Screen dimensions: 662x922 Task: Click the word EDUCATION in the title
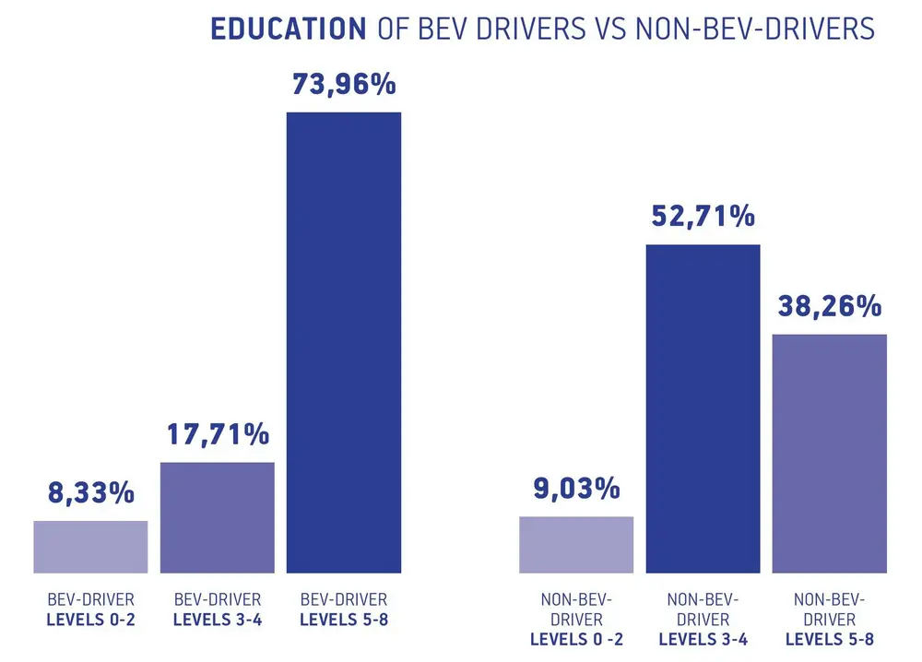(288, 29)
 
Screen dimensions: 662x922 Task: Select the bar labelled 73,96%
(344, 342)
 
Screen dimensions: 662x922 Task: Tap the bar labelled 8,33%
(90, 547)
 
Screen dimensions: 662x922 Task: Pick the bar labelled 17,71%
(218, 517)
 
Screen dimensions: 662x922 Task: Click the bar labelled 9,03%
(576, 545)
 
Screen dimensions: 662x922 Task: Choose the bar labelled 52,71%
(703, 408)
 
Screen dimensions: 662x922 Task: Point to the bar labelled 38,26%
(829, 453)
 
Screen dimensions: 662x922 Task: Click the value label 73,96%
(344, 84)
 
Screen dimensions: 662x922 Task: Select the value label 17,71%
(218, 433)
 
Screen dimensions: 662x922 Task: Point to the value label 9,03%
(576, 488)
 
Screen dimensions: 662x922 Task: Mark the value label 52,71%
(703, 217)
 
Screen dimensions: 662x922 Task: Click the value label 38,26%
(829, 305)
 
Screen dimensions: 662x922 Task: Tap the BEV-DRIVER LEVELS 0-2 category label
(90, 609)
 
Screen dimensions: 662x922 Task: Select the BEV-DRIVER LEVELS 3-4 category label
(218, 609)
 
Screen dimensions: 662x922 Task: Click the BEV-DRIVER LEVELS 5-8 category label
(344, 609)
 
